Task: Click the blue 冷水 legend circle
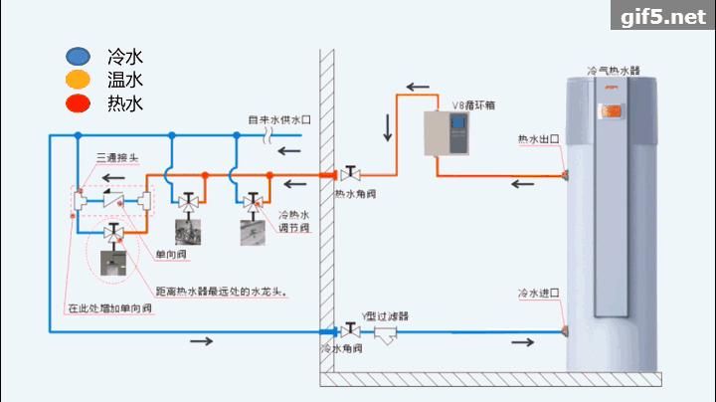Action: pos(77,58)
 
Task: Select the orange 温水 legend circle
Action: pos(77,80)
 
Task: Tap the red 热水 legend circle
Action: pos(77,102)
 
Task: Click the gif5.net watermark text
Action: pos(661,18)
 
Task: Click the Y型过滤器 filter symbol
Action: pos(385,333)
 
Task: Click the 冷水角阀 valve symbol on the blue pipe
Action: pos(349,330)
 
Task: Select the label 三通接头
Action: pos(115,157)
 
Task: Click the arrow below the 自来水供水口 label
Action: pos(289,151)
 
